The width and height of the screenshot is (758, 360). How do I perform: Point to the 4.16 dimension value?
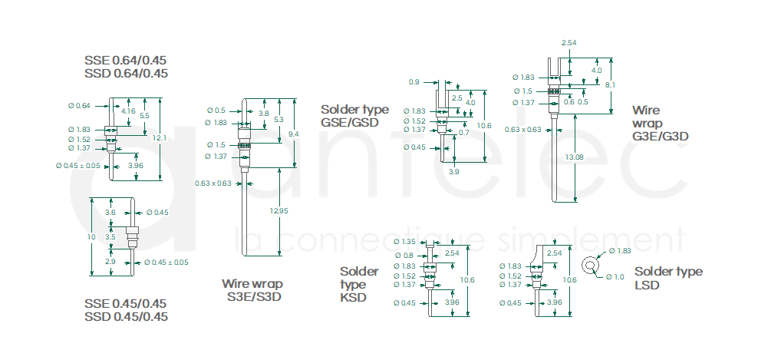point(128,111)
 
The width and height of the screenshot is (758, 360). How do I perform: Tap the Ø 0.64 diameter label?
point(79,105)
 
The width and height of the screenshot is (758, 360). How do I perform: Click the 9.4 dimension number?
point(293,134)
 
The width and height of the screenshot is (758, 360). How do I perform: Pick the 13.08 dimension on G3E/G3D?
point(574,157)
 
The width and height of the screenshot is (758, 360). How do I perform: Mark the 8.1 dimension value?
point(609,84)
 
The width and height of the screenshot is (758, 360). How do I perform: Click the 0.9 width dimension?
point(414,82)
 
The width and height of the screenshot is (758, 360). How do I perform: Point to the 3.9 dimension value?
point(453,172)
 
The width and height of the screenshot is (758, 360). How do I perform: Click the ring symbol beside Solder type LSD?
point(589,266)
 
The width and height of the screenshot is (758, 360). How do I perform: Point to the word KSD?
point(353,298)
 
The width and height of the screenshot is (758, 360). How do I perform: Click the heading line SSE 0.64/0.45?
point(126,60)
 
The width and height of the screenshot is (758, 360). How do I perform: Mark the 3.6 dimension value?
point(110,212)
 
